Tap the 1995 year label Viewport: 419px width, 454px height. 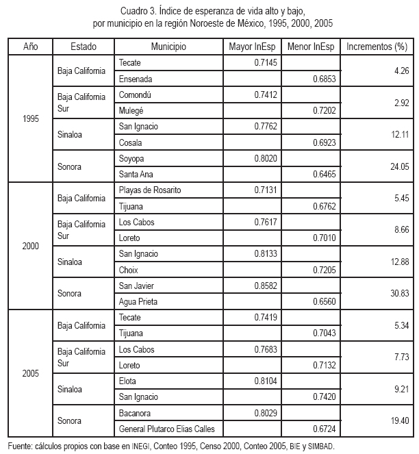pos(31,118)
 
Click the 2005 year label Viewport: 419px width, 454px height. pos(31,373)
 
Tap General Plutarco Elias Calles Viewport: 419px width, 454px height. pos(167,429)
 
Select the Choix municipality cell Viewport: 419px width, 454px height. pos(130,269)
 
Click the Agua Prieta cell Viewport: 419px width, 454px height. pos(139,302)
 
